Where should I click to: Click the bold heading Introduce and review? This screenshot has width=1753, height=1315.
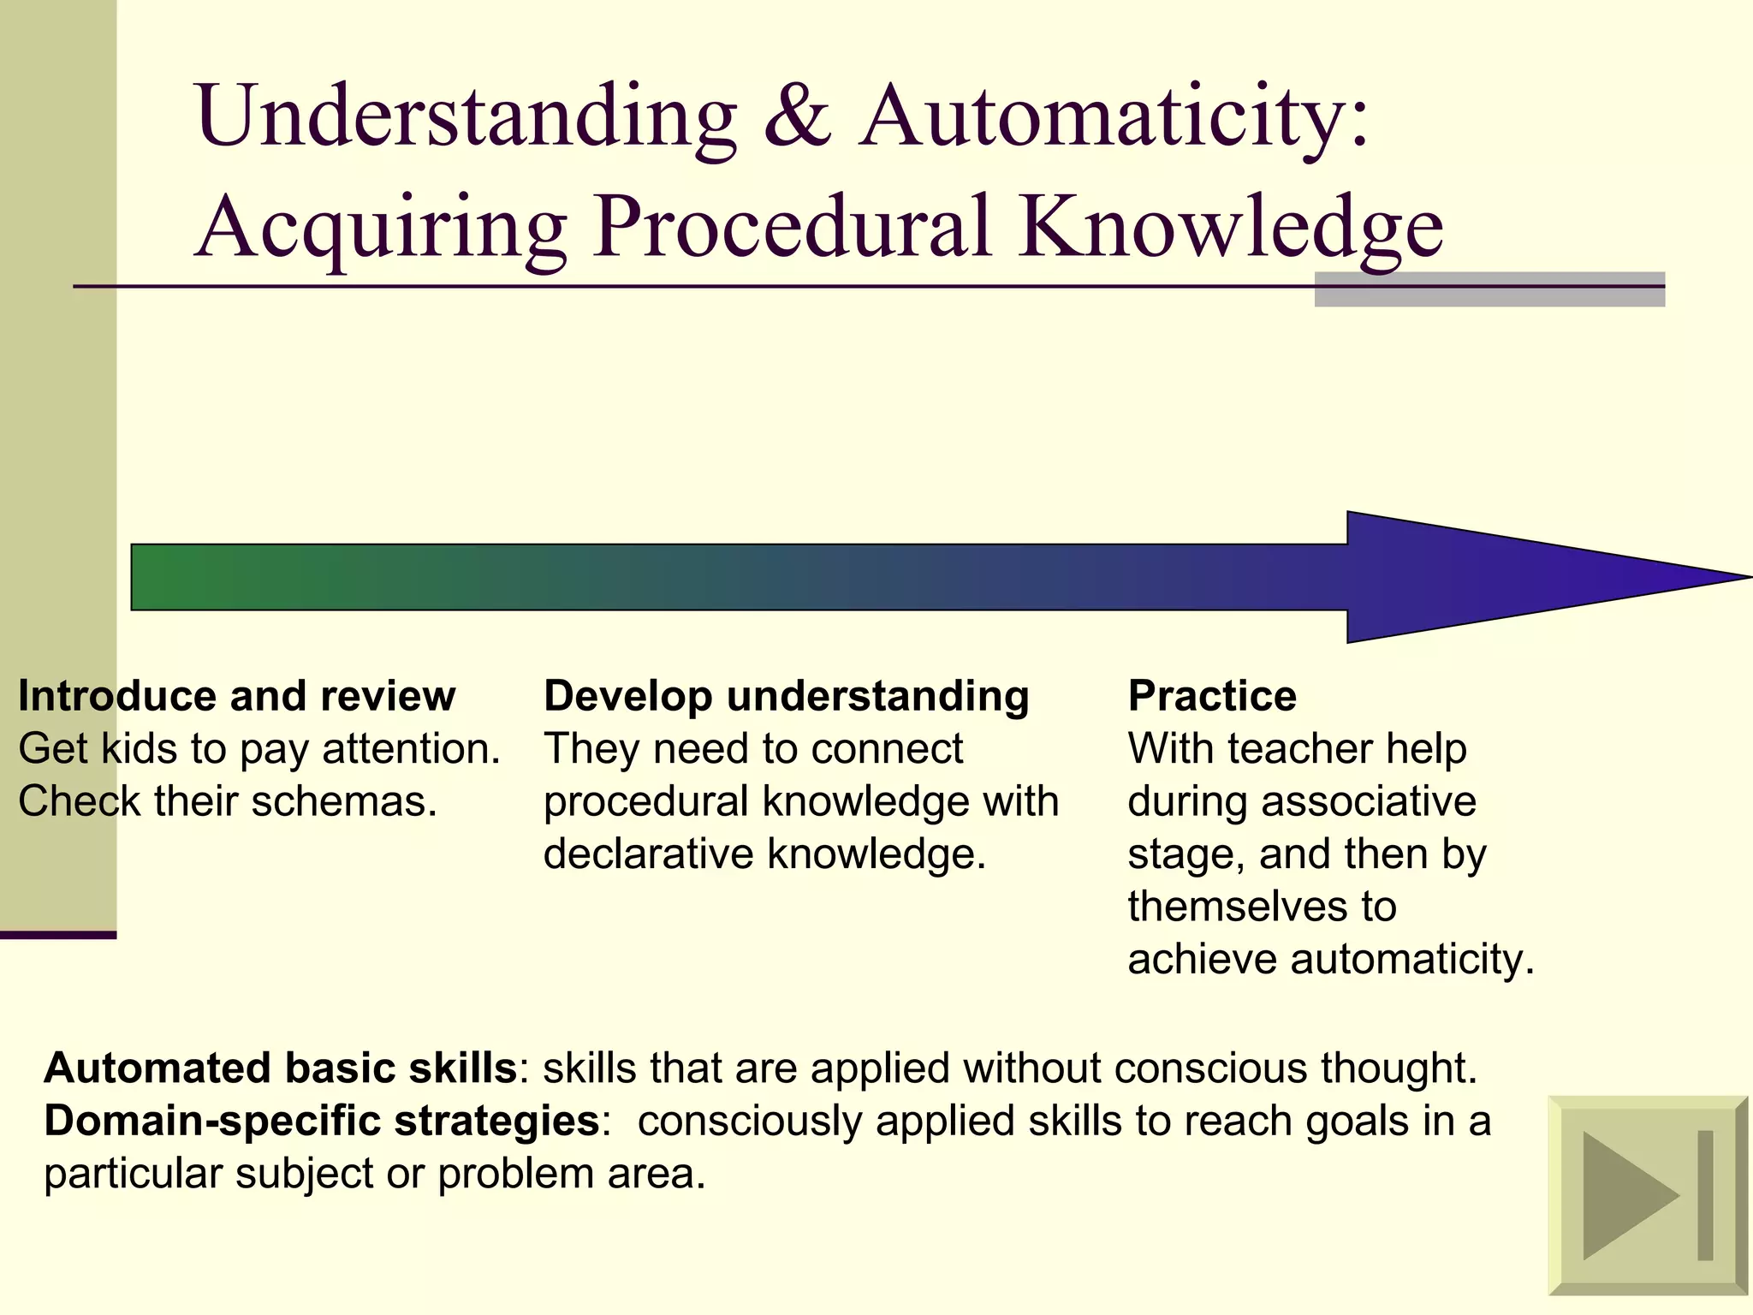click(x=236, y=695)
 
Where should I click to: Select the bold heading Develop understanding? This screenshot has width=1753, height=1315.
click(x=786, y=695)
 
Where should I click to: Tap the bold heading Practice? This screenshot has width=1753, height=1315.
click(x=1211, y=695)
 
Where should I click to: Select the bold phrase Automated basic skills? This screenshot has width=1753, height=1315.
click(x=280, y=1068)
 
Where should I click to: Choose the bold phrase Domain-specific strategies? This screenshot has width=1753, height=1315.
click(x=321, y=1121)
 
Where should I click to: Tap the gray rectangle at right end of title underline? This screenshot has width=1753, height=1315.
click(x=1489, y=290)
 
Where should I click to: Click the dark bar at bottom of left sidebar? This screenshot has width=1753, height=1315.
click(x=57, y=935)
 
